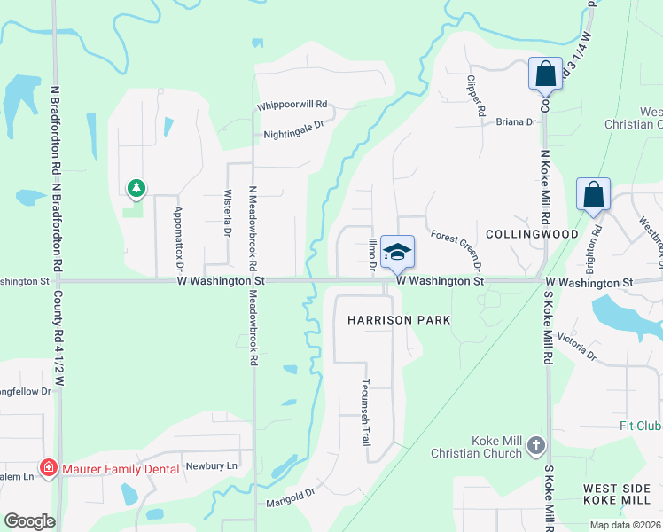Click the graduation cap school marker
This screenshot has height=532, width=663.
[x=398, y=253]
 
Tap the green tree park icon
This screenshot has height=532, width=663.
[x=136, y=188]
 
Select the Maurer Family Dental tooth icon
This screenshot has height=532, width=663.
[x=48, y=467]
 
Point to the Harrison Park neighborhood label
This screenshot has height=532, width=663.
[x=399, y=319]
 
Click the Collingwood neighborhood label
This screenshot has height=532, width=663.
[x=532, y=234]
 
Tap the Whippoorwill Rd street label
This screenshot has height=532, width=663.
[x=292, y=105]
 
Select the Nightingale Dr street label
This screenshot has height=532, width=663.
[x=295, y=136]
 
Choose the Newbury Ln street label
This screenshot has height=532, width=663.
[x=212, y=465]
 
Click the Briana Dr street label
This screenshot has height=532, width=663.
[x=516, y=122]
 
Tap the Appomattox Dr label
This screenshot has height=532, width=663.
[x=178, y=239]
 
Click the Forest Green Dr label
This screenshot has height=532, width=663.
[x=457, y=251]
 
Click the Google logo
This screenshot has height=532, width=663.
[x=29, y=521]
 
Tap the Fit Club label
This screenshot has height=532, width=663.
[x=640, y=426]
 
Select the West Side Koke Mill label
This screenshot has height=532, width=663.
[x=622, y=495]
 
